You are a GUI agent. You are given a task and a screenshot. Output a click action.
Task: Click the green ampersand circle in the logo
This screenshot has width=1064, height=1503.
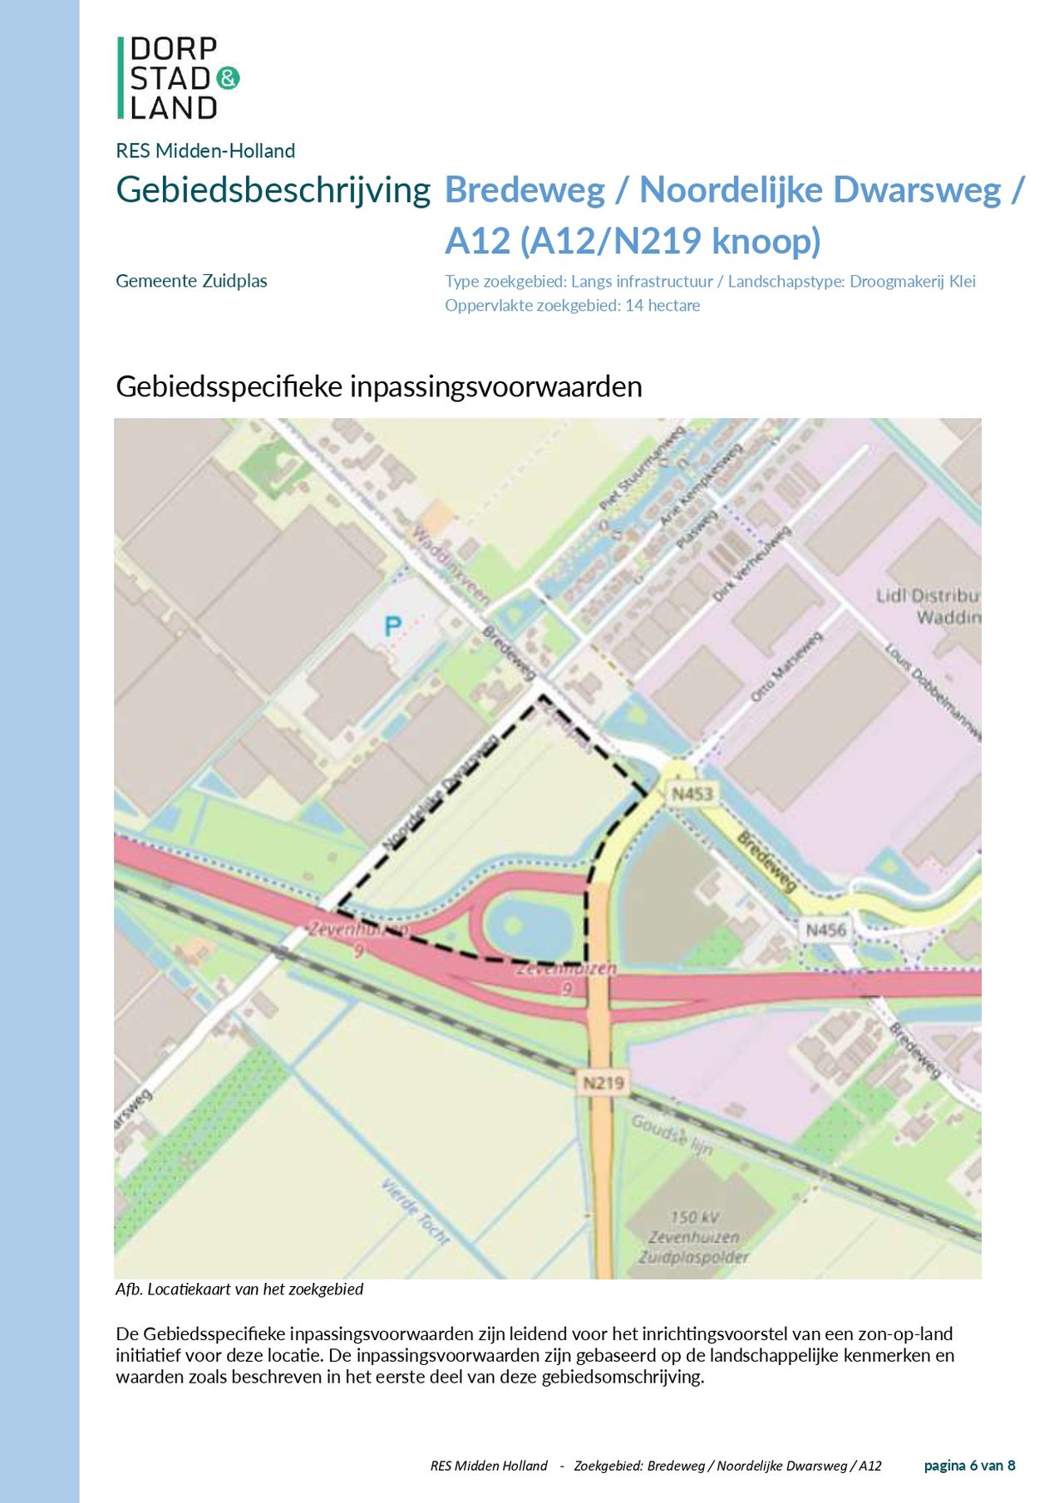point(228,78)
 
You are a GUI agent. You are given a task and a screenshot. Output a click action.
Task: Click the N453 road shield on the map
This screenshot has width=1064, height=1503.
point(692,793)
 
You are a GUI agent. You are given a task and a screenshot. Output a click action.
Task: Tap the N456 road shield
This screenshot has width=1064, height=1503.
point(825,930)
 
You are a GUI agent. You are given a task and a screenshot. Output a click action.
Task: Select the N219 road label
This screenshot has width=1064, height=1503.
point(603,1083)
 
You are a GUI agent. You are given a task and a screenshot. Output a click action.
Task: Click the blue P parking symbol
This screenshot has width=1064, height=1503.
point(392,626)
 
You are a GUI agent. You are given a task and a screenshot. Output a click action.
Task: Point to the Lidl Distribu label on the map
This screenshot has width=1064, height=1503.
point(928,597)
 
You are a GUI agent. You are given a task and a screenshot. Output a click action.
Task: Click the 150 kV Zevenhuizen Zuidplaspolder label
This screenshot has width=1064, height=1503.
point(694,1237)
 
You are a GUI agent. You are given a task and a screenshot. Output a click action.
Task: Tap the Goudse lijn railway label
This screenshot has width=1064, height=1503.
point(672,1135)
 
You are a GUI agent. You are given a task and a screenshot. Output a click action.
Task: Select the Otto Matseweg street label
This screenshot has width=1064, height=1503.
point(786,666)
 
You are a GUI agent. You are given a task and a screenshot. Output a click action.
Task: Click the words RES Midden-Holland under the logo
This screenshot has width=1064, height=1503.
point(205,151)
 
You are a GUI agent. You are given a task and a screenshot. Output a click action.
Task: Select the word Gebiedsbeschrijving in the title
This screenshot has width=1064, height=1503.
point(273,190)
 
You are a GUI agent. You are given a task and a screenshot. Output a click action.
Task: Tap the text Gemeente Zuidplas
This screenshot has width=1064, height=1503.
point(191,281)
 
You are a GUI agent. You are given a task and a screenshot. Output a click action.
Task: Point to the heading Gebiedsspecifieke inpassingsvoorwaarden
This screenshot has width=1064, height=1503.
point(378,386)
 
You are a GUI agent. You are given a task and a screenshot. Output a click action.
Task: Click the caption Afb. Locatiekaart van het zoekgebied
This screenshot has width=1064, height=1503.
point(239,1289)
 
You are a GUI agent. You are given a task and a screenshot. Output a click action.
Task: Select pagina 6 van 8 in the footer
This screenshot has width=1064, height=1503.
point(969,1466)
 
